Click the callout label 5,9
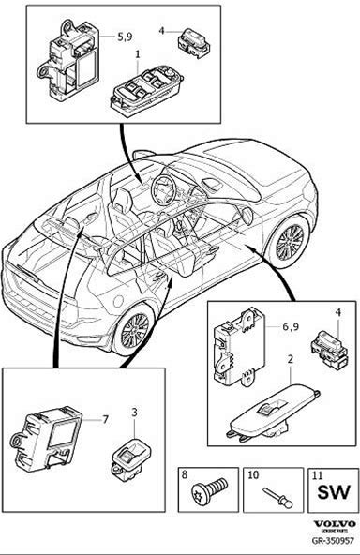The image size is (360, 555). pos(125,37)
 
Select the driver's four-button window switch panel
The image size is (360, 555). pos(146,91)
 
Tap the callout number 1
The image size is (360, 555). pos(138,54)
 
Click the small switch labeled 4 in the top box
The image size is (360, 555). pos(193,43)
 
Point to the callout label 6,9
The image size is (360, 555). pos(291,326)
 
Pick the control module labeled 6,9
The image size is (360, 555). pos(239,346)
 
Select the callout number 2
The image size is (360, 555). pos(291,360)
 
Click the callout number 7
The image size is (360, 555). pos(105,420)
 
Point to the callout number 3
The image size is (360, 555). pos(134,412)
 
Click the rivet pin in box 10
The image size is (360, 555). pos(277,498)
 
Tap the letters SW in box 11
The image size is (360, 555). pos(334,492)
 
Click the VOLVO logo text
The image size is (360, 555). pos(335,524)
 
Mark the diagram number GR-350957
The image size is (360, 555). pos(333,540)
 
